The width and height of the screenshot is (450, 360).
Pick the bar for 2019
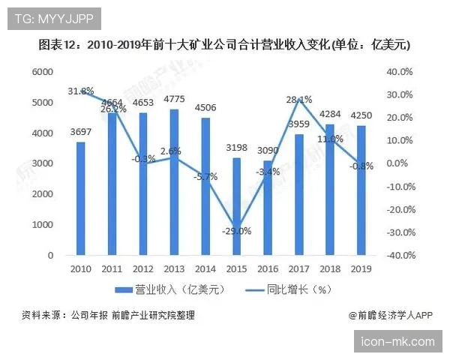pyautogui.click(x=361, y=190)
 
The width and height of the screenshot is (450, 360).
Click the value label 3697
pyautogui.click(x=80, y=133)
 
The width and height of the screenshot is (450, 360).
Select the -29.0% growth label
pyautogui.click(x=236, y=231)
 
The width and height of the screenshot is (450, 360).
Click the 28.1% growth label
pyautogui.click(x=298, y=100)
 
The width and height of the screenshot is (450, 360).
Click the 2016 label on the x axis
pyautogui.click(x=267, y=268)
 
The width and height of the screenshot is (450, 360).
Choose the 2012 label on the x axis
pyautogui.click(x=142, y=268)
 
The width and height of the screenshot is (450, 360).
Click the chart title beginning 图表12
pyautogui.click(x=224, y=45)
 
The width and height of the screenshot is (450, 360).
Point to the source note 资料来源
pyautogui.click(x=108, y=316)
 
